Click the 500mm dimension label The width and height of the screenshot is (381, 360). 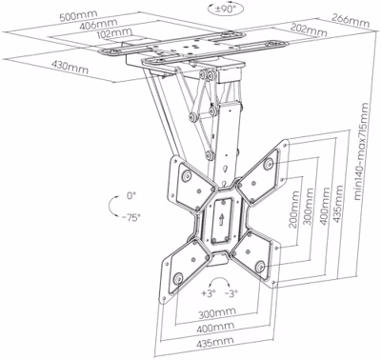pyautogui.click(x=78, y=15)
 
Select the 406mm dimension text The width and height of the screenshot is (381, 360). pyautogui.click(x=98, y=25)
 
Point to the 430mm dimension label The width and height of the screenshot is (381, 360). pyautogui.click(x=70, y=68)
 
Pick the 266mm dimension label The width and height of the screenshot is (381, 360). pyautogui.click(x=351, y=21)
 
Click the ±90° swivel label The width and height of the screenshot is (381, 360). pyautogui.click(x=225, y=9)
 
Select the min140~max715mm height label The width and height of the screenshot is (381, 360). pyautogui.click(x=362, y=151)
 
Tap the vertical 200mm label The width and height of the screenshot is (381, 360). pyautogui.click(x=294, y=210)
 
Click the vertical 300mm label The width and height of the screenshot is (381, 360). pyautogui.click(x=308, y=207)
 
